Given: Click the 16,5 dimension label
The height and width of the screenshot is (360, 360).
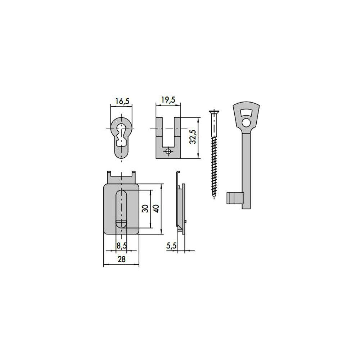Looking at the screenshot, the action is pyautogui.click(x=122, y=101).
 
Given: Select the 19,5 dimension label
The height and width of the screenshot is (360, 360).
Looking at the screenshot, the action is pyautogui.click(x=168, y=100).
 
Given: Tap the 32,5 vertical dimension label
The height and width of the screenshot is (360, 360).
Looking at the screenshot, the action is pyautogui.click(x=193, y=136).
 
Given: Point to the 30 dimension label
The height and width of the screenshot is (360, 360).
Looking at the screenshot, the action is pyautogui.click(x=145, y=208).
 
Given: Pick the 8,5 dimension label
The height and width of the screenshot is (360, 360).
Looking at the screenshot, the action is pyautogui.click(x=121, y=246).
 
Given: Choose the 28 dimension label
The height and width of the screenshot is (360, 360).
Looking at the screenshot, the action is pyautogui.click(x=121, y=259).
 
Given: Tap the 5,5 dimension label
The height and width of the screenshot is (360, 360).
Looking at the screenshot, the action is pyautogui.click(x=171, y=246).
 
